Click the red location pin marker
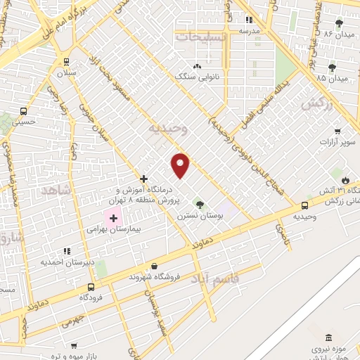tap(181, 165)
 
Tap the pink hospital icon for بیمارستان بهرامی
tap(112, 219)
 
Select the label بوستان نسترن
tap(200, 217)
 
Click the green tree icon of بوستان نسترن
tap(200, 205)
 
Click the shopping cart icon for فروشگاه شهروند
tap(154, 266)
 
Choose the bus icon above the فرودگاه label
tap(91, 287)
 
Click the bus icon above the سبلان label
tap(66, 62)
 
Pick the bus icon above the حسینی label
tap(24, 111)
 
